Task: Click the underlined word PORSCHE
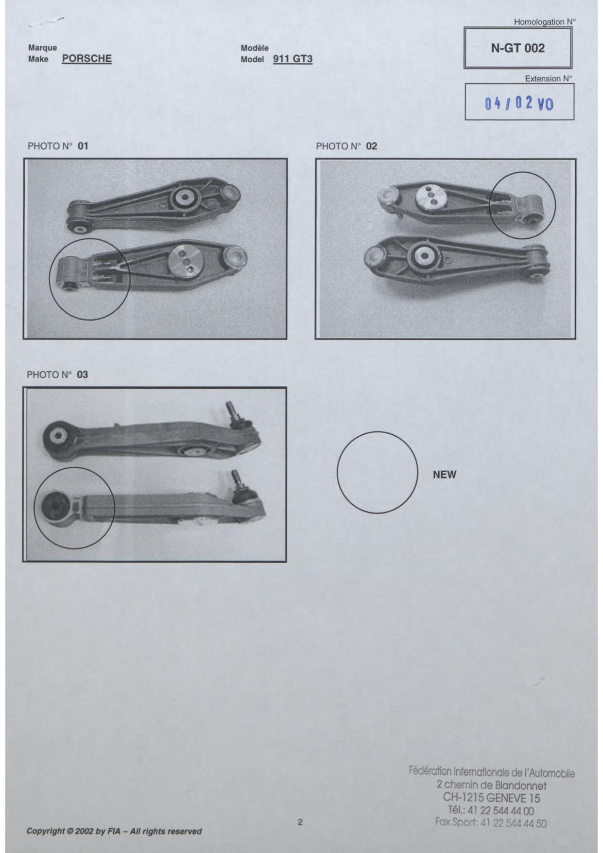87,59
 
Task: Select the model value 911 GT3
293,59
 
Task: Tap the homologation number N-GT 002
518,48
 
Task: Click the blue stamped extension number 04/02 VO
519,103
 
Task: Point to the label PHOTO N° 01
58,146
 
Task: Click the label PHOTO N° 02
346,146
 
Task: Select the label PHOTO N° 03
57,374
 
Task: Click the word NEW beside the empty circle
445,475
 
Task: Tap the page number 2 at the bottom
300,822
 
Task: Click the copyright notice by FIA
114,831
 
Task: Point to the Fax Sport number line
491,823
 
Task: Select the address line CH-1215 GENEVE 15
491,798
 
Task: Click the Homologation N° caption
545,22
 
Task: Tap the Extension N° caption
549,78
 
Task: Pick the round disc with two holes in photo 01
185,261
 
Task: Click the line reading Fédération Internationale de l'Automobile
492,772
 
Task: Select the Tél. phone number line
491,810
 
